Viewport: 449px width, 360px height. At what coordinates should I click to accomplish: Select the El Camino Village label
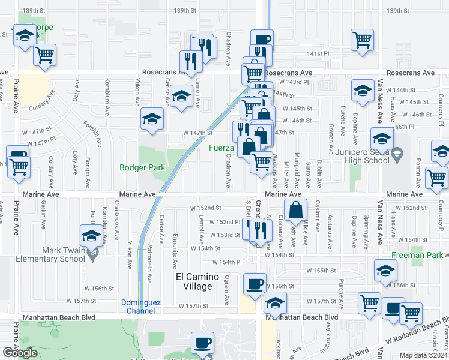(194, 281)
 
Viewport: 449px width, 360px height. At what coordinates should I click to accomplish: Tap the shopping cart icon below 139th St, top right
(363, 40)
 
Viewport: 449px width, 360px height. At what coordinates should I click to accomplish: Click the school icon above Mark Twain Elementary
(91, 236)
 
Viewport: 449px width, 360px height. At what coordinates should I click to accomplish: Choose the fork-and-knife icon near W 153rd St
(259, 230)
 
